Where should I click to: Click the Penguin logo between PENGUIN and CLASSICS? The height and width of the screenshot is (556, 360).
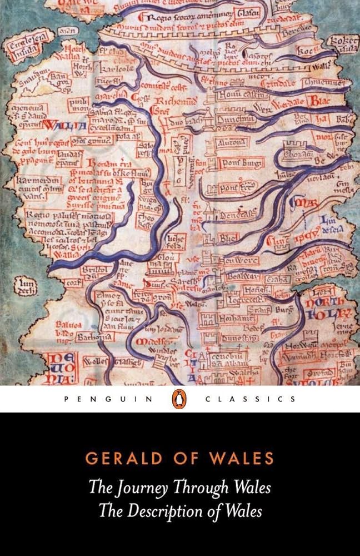[180, 399]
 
